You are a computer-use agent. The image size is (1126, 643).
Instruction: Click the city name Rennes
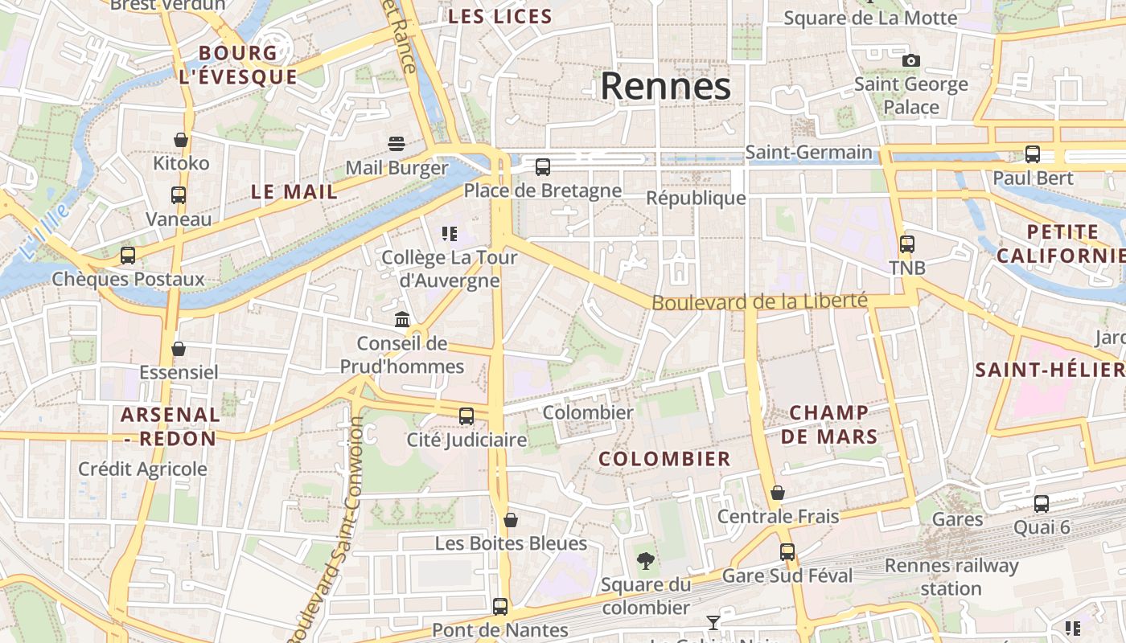click(x=665, y=86)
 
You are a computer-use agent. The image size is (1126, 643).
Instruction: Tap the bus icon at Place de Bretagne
click(x=543, y=167)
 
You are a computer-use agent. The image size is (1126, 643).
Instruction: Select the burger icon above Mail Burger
click(x=397, y=144)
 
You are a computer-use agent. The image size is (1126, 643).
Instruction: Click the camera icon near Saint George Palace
click(x=911, y=60)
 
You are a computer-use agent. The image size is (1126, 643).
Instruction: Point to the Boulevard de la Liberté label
click(x=759, y=302)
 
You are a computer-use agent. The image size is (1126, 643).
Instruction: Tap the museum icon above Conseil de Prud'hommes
click(x=402, y=320)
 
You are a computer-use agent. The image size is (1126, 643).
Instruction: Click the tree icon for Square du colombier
click(x=645, y=561)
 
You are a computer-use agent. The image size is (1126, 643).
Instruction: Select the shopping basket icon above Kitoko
click(x=181, y=140)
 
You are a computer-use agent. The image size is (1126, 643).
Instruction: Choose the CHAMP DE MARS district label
click(x=828, y=424)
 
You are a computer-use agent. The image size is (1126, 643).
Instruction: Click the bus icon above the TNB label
click(x=907, y=244)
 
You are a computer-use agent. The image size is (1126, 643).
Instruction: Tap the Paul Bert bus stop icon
click(x=1033, y=154)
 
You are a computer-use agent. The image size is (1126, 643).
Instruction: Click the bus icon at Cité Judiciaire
click(x=466, y=416)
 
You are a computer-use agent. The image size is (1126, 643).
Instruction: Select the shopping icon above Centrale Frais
click(x=778, y=493)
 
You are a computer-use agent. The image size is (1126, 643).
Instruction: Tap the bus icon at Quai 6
click(x=1042, y=504)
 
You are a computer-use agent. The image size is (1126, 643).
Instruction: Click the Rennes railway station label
click(x=951, y=576)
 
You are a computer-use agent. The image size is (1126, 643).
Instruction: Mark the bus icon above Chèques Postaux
click(x=128, y=256)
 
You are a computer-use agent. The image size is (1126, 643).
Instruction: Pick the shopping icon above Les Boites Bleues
click(x=511, y=520)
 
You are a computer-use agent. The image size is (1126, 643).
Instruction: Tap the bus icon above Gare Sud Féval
click(x=787, y=552)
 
